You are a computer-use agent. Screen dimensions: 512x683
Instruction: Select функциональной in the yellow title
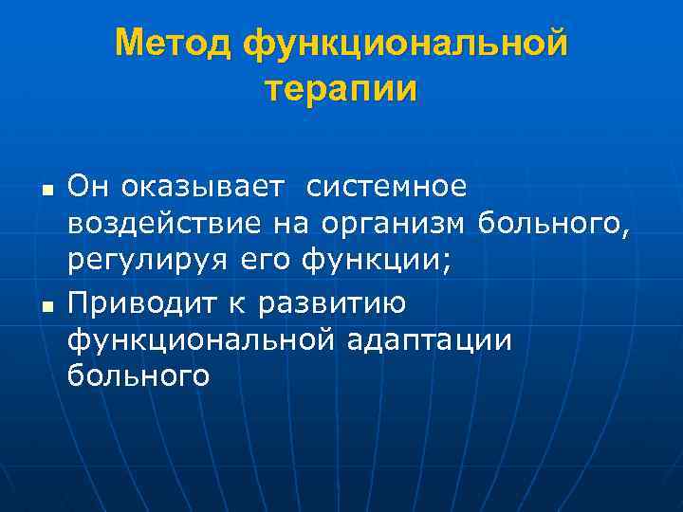point(405,43)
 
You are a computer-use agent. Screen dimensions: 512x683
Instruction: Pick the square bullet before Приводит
point(46,305)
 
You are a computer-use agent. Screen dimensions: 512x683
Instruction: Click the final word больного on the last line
point(138,376)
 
